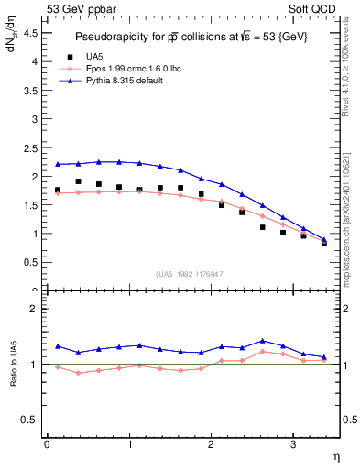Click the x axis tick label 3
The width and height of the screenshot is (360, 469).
292,444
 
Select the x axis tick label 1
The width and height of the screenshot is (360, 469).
128,444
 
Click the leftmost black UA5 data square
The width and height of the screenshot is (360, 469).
58,191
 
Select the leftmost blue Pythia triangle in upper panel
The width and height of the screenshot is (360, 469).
58,164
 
